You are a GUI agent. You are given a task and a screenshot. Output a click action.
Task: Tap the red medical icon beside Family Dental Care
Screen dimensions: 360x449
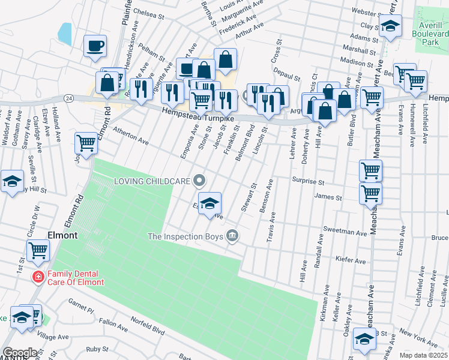tap(38, 277)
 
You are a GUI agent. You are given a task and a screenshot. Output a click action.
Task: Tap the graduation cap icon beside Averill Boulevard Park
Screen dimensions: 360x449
tap(390, 26)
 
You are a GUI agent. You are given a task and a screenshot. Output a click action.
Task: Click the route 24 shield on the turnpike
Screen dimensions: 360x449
tap(69, 98)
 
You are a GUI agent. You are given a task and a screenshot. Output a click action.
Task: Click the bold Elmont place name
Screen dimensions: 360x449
tap(62, 236)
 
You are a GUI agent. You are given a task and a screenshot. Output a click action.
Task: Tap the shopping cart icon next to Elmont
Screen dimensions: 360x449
tap(38, 250)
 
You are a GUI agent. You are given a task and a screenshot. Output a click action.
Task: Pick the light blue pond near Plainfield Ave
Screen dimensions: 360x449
tap(65, 33)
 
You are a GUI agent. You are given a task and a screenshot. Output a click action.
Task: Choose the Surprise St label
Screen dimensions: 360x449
tap(308, 181)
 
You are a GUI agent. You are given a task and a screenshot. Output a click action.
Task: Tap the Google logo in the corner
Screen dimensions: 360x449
tap(20, 353)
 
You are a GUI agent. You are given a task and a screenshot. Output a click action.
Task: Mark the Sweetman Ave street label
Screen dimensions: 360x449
tap(345, 232)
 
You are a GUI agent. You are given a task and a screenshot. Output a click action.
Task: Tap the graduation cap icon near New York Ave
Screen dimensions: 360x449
tap(364, 339)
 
